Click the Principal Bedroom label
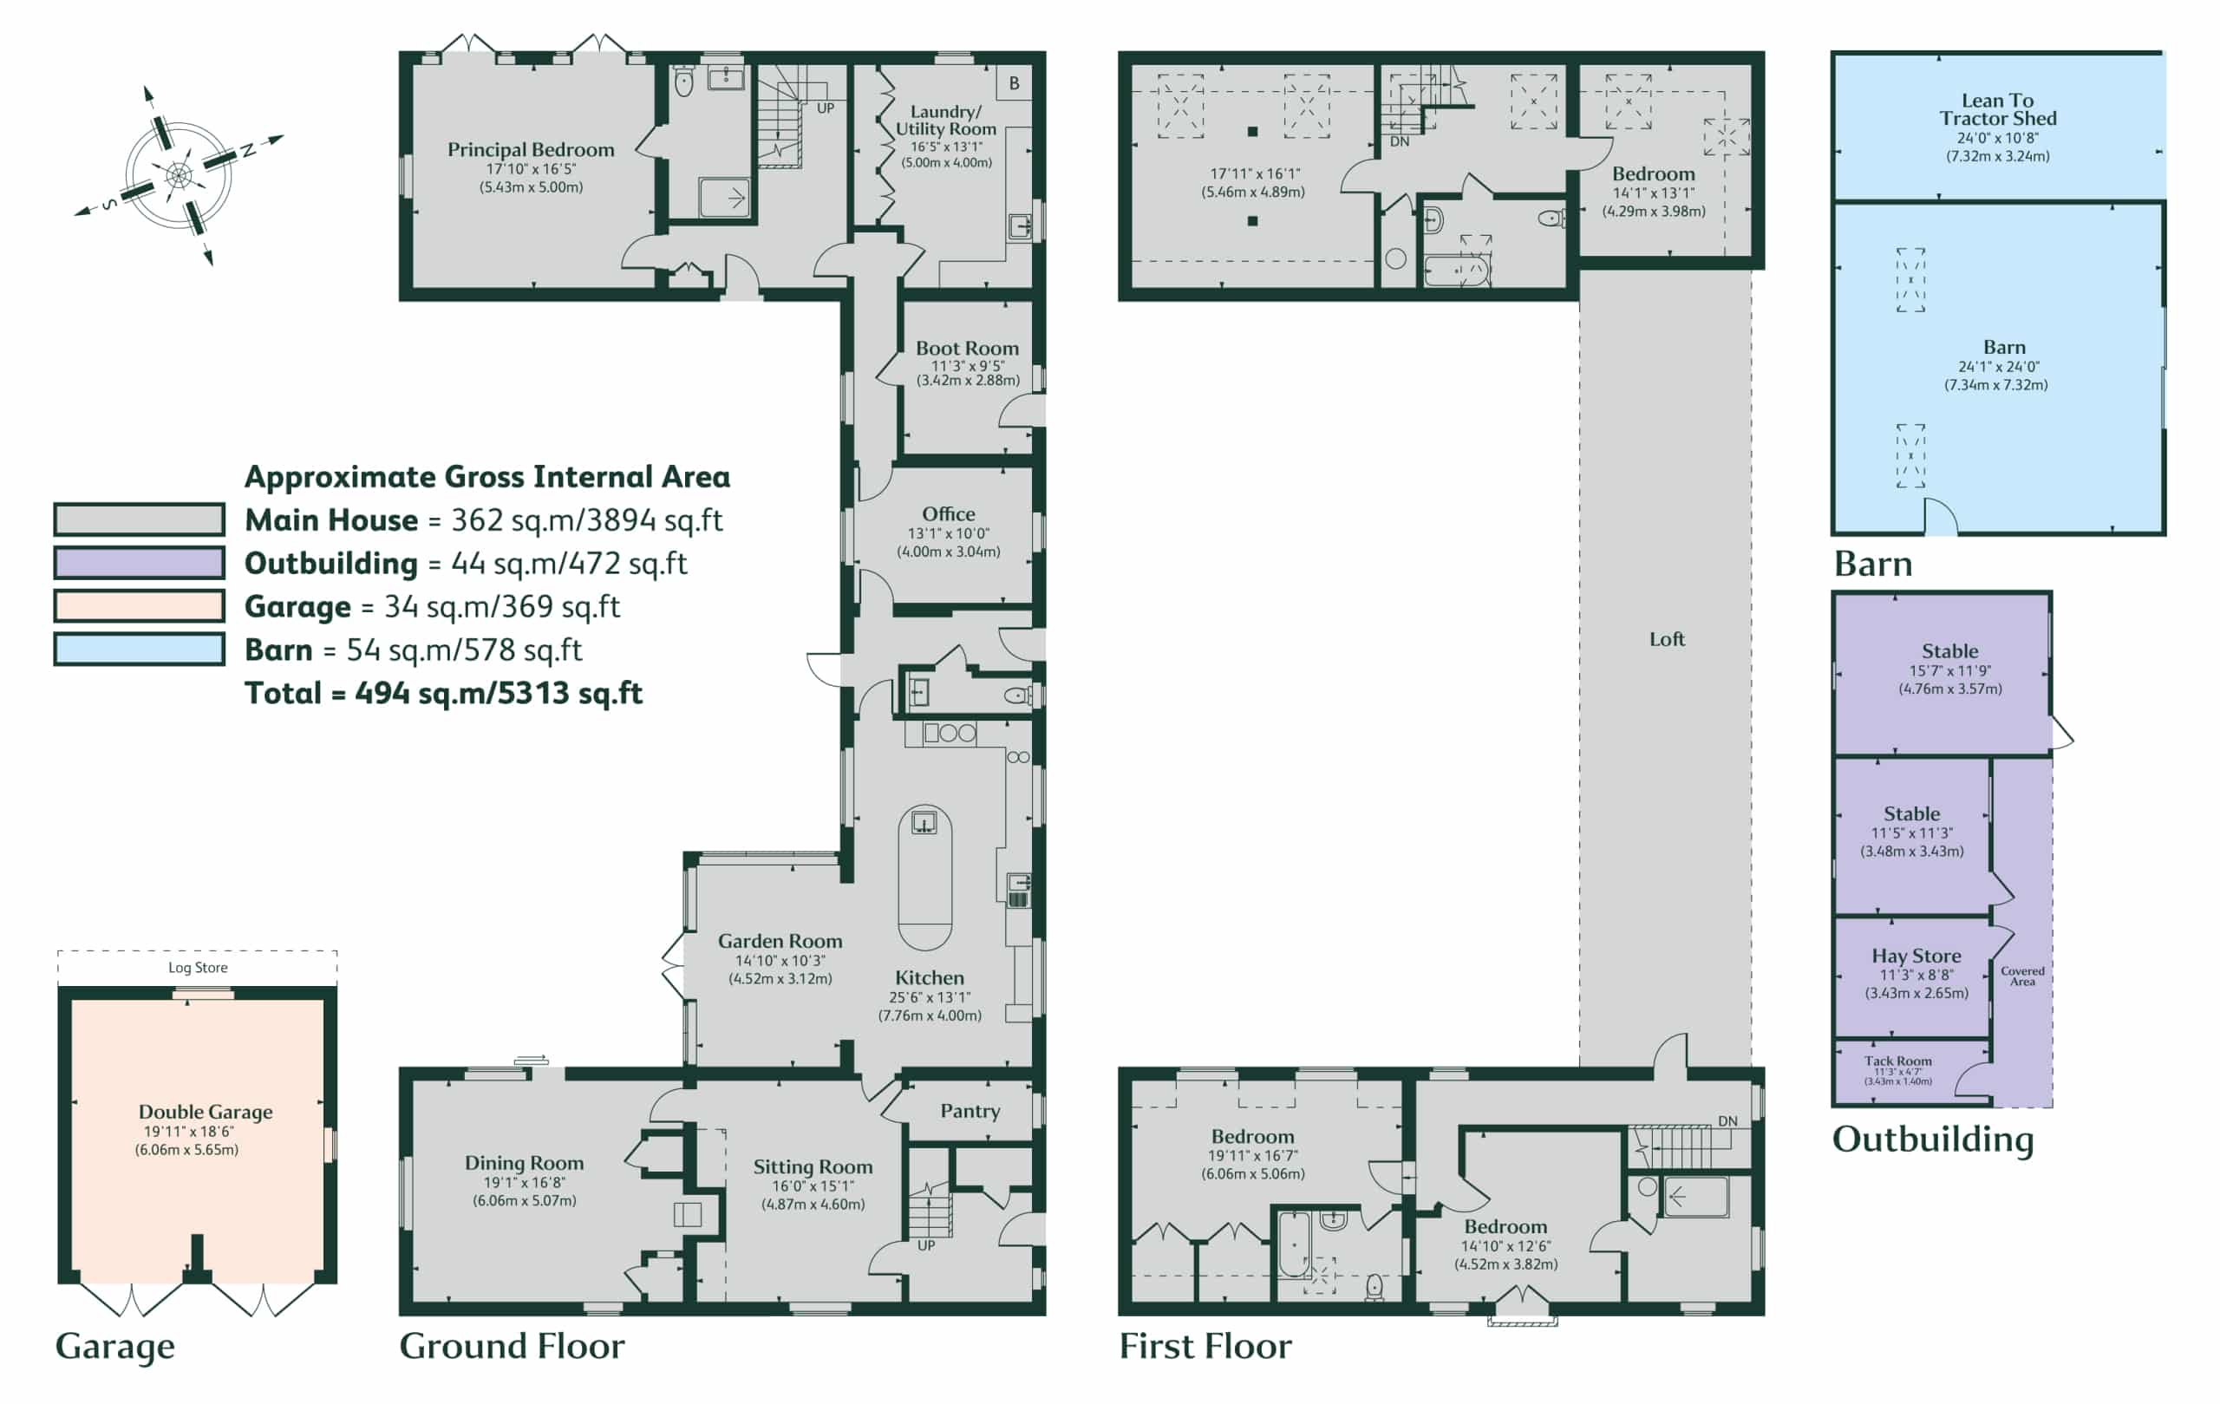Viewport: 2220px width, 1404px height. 530,149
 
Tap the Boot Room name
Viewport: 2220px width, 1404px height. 967,348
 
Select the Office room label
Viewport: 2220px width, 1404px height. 949,513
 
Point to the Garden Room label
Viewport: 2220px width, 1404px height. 780,940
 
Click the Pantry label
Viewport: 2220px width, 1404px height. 970,1111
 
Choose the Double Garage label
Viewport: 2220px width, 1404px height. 206,1111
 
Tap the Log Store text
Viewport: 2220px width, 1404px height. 198,967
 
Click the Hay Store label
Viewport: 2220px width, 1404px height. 1916,955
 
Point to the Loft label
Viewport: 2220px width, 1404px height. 1667,639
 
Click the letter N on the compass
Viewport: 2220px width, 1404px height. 248,150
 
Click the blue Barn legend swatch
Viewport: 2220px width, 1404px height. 140,649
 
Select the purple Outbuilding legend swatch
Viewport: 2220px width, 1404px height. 140,562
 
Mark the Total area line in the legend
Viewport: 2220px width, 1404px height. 443,692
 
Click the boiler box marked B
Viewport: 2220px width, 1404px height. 1014,83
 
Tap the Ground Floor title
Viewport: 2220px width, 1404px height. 512,1346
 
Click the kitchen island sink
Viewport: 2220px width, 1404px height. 924,821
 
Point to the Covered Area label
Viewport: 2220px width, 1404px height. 2022,976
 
